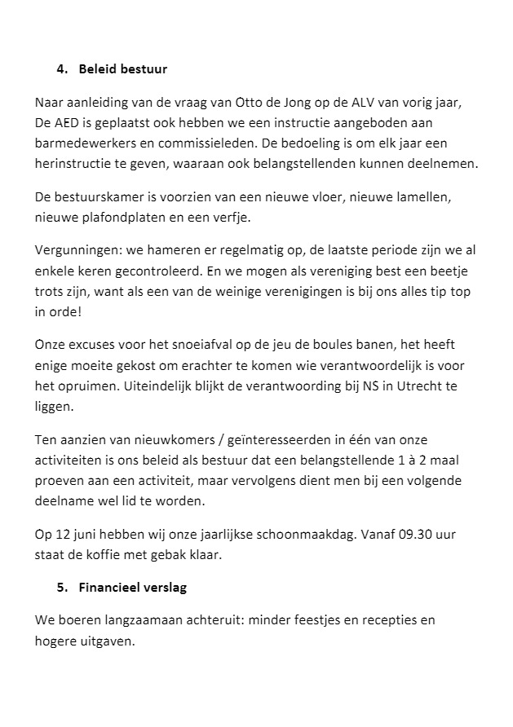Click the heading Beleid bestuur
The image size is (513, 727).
tap(123, 68)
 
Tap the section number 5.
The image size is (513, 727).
tap(61, 587)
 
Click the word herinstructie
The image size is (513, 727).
tap(73, 164)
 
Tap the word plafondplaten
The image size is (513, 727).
tap(124, 218)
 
